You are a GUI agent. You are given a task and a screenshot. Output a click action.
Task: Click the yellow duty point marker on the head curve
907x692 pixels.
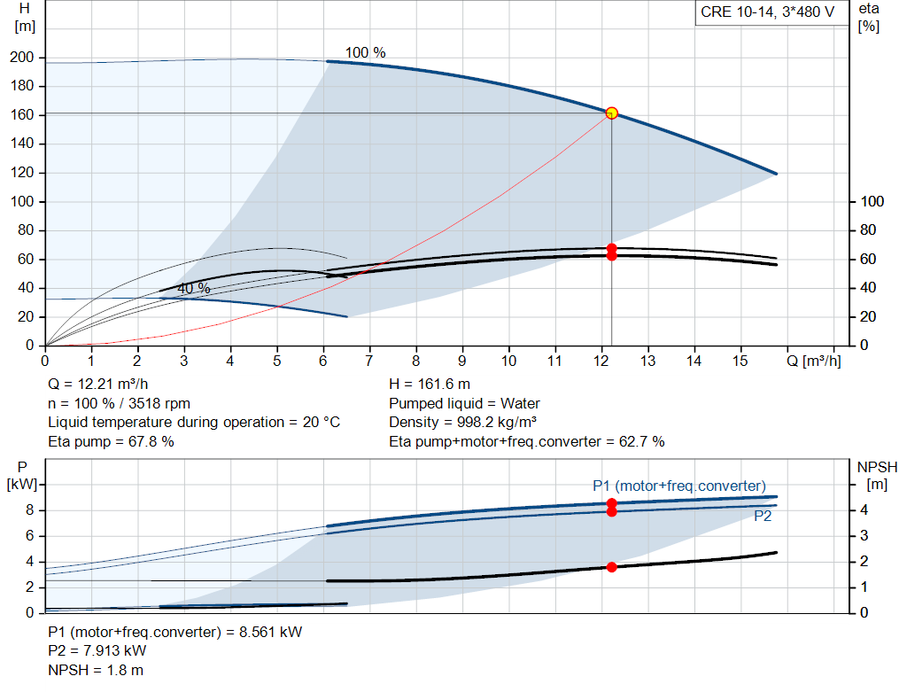611,113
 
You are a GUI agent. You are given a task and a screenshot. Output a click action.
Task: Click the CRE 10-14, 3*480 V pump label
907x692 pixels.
768,12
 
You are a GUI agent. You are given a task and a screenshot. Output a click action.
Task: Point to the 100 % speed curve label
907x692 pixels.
365,52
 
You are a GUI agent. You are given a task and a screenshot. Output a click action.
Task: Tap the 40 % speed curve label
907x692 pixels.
193,288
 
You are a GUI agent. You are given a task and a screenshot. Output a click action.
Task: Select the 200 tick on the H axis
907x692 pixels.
22,58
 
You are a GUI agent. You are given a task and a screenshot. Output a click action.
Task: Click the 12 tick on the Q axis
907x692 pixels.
601,361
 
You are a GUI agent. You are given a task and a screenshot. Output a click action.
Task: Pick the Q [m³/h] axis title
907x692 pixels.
814,361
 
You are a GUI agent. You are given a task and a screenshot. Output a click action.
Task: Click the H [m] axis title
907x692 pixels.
24,18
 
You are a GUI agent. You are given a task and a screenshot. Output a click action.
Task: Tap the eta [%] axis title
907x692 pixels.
869,18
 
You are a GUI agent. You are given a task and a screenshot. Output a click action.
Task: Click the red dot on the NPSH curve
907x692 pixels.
611,567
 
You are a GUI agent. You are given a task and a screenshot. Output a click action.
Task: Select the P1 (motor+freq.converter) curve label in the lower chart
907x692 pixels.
679,486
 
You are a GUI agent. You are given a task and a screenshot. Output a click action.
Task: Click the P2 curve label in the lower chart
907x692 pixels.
763,516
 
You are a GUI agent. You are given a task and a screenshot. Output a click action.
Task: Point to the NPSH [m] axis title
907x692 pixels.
877,476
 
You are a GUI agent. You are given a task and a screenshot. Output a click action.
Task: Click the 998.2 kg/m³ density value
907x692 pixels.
497,423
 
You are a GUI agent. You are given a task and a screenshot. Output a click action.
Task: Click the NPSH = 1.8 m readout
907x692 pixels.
96,670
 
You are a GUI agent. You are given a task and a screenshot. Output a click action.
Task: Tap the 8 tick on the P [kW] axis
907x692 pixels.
29,510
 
